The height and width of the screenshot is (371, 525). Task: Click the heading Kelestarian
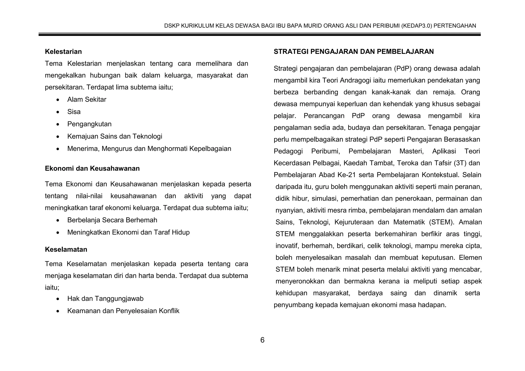click(x=63, y=51)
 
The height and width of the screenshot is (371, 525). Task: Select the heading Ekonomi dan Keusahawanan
click(x=92, y=168)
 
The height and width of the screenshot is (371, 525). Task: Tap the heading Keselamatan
click(x=66, y=249)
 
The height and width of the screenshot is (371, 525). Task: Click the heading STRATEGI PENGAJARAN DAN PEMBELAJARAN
click(x=354, y=51)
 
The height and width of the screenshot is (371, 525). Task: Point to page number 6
click(x=262, y=340)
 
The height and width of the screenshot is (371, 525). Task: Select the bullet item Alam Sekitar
click(x=87, y=99)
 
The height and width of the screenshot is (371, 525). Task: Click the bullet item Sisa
click(x=74, y=112)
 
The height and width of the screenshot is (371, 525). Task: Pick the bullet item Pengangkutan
click(x=89, y=124)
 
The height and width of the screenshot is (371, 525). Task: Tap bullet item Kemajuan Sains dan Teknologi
click(x=115, y=136)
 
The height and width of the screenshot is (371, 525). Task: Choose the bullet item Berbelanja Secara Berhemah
click(x=112, y=220)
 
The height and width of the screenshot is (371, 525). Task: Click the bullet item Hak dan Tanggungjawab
click(x=105, y=298)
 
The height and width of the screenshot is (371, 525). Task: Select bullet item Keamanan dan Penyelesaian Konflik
click(x=123, y=311)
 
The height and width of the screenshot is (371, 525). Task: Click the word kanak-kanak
click(x=391, y=92)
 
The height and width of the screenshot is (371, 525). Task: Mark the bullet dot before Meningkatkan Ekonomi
click(x=58, y=233)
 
